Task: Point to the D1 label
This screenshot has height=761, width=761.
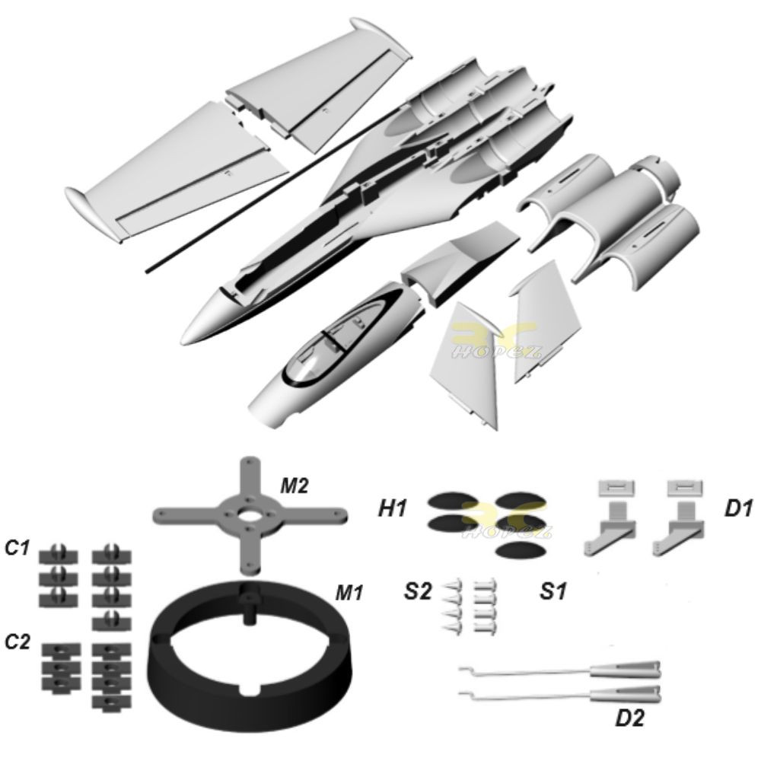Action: [737, 509]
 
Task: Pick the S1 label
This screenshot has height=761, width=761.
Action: [552, 591]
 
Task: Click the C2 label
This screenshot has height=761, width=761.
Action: [17, 642]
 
